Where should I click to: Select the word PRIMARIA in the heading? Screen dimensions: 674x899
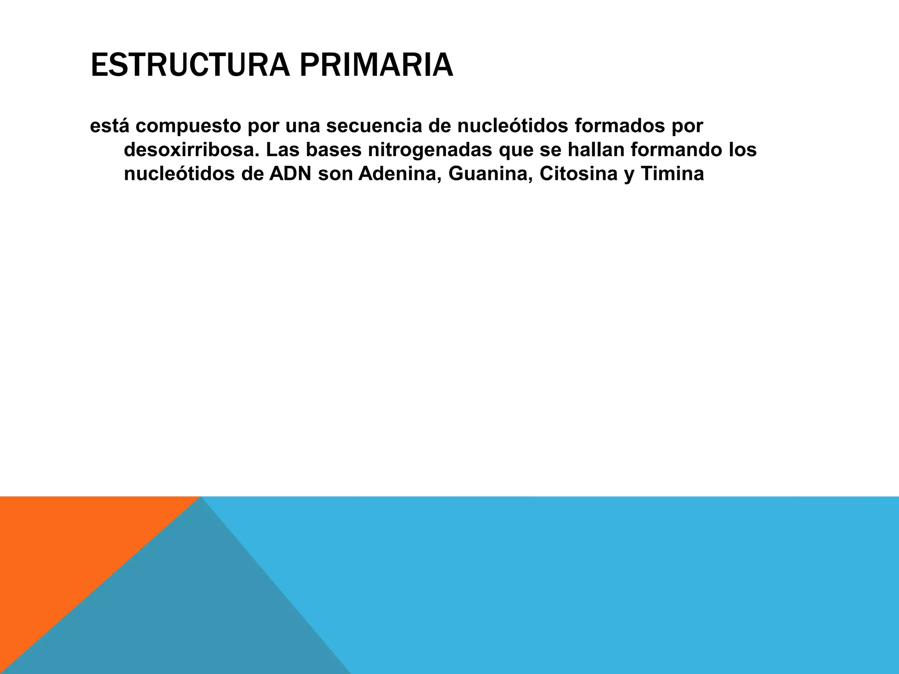tap(376, 65)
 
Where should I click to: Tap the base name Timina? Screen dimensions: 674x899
tap(672, 174)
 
